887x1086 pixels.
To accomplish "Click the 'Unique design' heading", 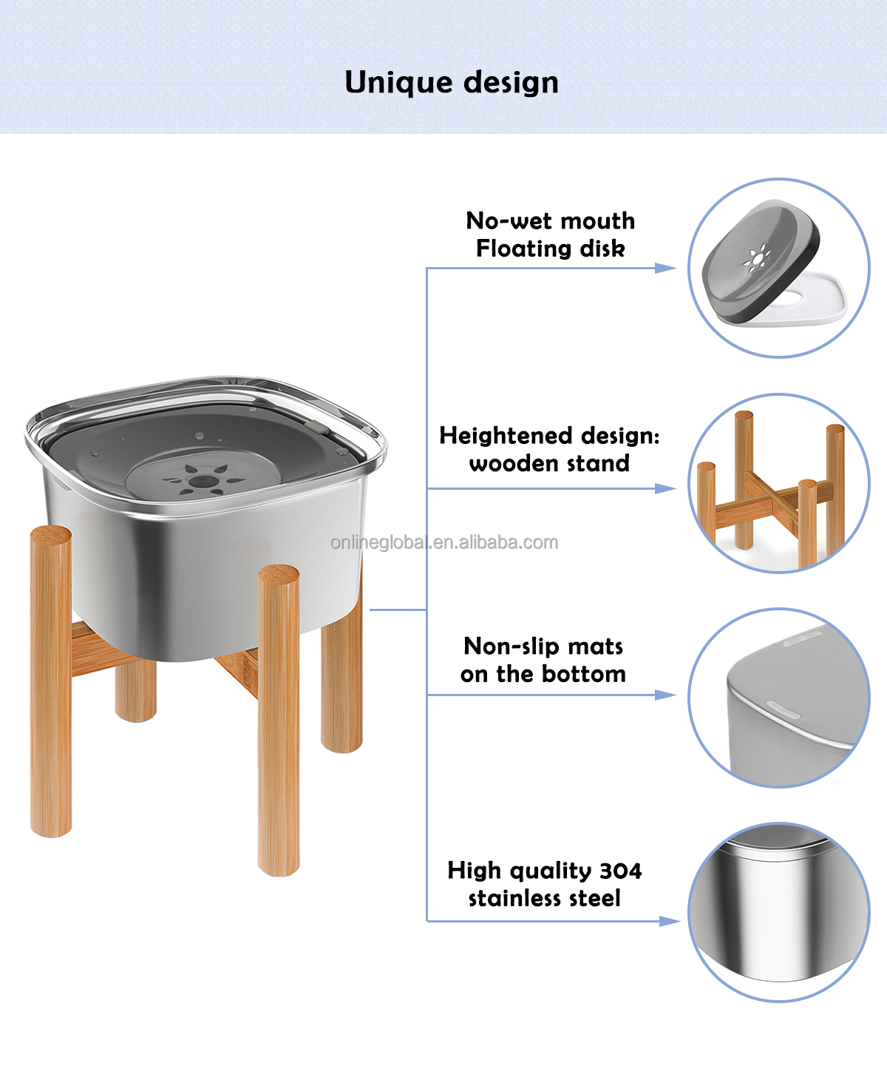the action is point(451,82).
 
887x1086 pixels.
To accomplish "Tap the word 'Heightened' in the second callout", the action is point(506,436).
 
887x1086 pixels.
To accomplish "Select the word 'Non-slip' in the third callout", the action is point(511,647).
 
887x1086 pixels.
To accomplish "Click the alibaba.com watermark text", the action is point(444,542).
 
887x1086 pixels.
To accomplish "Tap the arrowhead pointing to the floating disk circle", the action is point(666,268).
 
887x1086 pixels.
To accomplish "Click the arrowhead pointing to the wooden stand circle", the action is point(666,488).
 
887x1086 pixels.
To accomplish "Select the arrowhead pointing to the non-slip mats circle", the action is point(666,695).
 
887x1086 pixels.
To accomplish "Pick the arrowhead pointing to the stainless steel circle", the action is point(670,921).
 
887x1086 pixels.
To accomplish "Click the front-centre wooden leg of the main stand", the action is point(279,721).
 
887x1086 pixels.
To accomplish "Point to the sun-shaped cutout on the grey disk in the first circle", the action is point(757,258).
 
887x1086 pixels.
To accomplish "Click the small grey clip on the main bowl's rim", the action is point(316,426).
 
